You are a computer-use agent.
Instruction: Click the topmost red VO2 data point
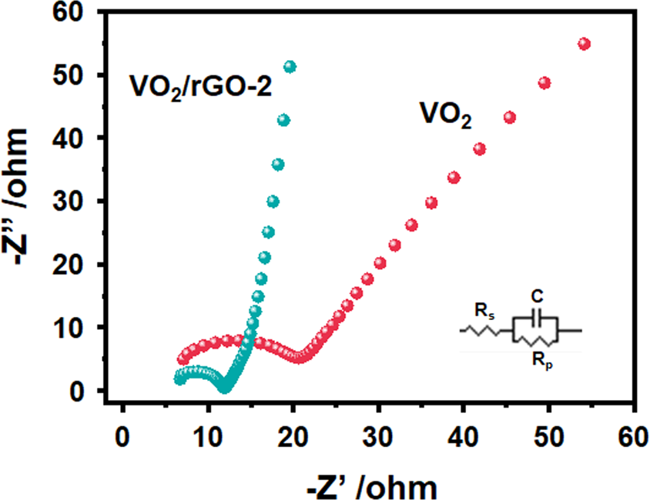[x=584, y=44]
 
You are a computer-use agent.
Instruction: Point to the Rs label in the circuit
[x=482, y=312]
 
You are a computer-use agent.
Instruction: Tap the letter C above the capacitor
[x=538, y=296]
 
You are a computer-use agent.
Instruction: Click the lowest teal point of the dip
[x=225, y=388]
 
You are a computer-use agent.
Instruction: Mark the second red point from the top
[x=544, y=83]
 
